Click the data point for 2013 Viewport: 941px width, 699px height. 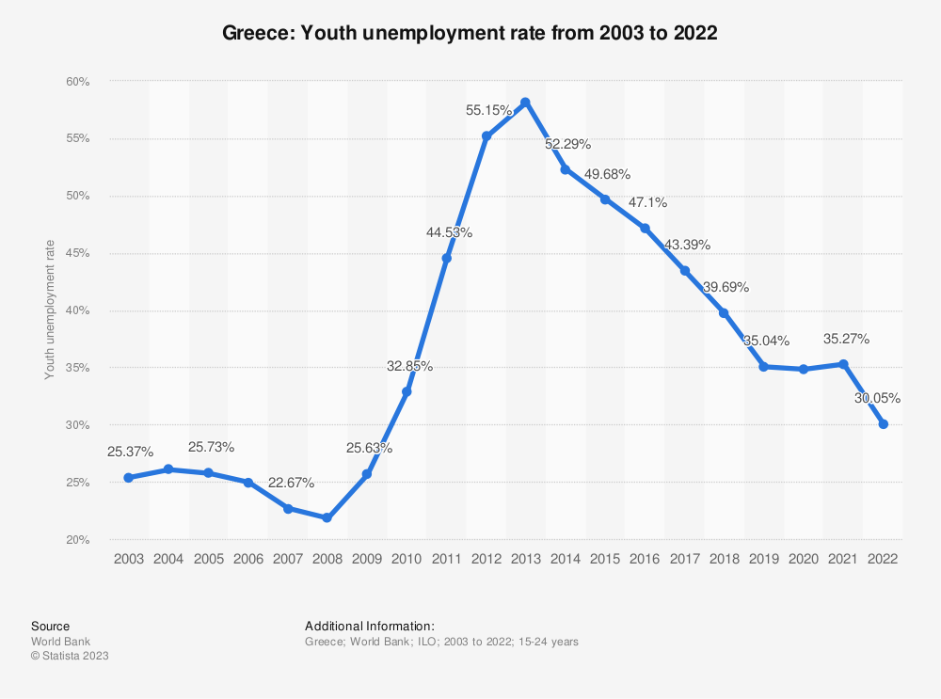[x=525, y=102]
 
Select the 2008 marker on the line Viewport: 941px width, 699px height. [x=327, y=517]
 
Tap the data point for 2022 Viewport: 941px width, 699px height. [x=883, y=424]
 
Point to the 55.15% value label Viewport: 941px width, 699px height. [x=489, y=110]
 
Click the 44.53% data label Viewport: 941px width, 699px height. [x=449, y=232]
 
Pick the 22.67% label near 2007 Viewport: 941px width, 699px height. [x=291, y=483]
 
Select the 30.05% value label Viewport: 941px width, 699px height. [x=877, y=398]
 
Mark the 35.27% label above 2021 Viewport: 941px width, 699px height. [x=846, y=339]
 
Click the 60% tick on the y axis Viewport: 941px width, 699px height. [x=77, y=82]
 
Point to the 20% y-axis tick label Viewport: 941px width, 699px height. [x=77, y=540]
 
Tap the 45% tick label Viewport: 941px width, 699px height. [x=77, y=253]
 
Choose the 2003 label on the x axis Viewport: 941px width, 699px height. [x=128, y=558]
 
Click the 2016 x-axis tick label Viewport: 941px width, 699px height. [x=645, y=558]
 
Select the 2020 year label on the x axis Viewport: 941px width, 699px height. [x=804, y=558]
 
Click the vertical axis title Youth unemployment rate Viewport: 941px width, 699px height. [x=50, y=310]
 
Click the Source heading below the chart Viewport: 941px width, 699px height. [x=50, y=626]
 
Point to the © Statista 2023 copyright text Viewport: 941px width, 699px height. [x=70, y=656]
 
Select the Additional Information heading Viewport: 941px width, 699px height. [x=370, y=626]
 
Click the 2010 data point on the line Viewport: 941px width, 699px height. [x=407, y=391]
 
